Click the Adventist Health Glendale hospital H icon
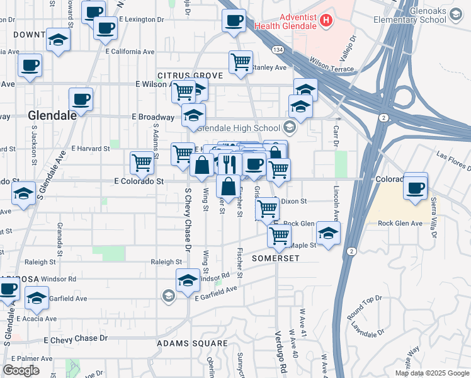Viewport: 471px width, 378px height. pyautogui.click(x=326, y=21)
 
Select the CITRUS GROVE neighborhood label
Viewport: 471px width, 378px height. pyautogui.click(x=190, y=76)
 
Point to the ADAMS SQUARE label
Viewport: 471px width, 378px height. pyautogui.click(x=192, y=344)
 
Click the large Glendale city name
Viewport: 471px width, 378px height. pyautogui.click(x=52, y=115)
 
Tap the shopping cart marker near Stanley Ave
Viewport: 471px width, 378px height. pyautogui.click(x=241, y=62)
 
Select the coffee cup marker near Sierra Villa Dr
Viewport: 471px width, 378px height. pyautogui.click(x=416, y=187)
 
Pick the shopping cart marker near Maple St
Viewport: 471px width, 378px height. pyautogui.click(x=279, y=236)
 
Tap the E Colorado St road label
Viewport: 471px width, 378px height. pyautogui.click(x=139, y=181)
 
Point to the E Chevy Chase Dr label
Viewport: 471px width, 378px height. pyautogui.click(x=76, y=340)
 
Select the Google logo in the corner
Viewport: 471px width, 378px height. pyautogui.click(x=21, y=370)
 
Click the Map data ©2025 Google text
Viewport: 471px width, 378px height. pyautogui.click(x=431, y=373)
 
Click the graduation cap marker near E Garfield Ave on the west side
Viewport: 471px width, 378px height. pyautogui.click(x=37, y=297)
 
